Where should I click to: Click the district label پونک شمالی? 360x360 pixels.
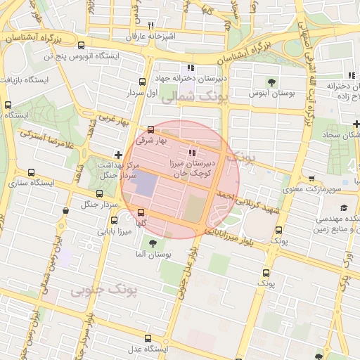pos(191,98)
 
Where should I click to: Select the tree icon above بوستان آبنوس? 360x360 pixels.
pos(271,82)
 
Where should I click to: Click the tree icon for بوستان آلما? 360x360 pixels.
pos(153,243)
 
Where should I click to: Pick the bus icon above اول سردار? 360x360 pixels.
pos(143,82)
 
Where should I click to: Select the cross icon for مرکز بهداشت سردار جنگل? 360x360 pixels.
pos(118,155)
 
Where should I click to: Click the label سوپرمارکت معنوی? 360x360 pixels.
pos(311,189)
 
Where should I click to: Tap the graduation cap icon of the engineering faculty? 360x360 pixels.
pos(344,207)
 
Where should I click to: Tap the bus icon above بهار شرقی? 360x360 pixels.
pos(150,129)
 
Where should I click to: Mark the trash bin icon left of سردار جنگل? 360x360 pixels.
pos(65,210)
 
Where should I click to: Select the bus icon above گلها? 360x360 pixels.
pos(141,212)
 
